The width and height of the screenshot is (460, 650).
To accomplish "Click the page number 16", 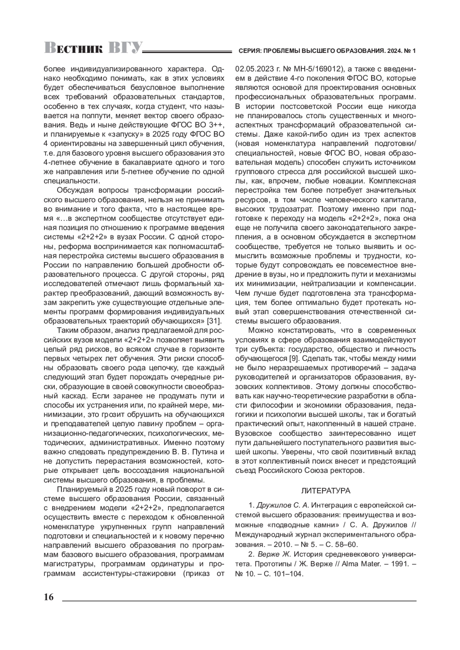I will [x=49, y=597].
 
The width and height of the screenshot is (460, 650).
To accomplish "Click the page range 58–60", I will [x=347, y=545].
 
